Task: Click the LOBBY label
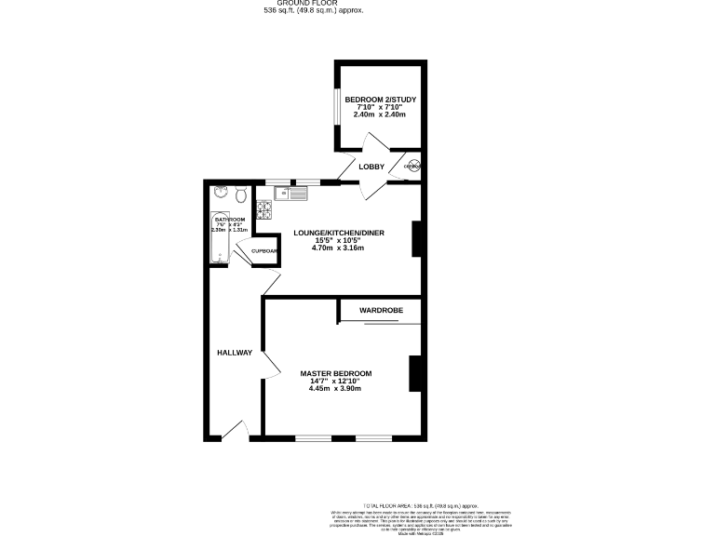click(x=372, y=167)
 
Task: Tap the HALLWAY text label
click(x=235, y=353)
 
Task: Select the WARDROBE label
click(x=379, y=309)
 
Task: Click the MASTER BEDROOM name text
click(x=335, y=373)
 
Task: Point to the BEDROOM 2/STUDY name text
click(x=380, y=100)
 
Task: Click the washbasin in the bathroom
click(x=220, y=193)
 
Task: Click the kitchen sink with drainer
click(x=291, y=194)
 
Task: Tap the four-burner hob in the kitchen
click(x=263, y=211)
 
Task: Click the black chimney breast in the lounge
click(x=418, y=238)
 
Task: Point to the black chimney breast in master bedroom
click(x=414, y=373)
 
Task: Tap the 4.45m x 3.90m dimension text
click(x=335, y=388)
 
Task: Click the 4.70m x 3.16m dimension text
click(x=338, y=248)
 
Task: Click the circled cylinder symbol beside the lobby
click(x=411, y=167)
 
